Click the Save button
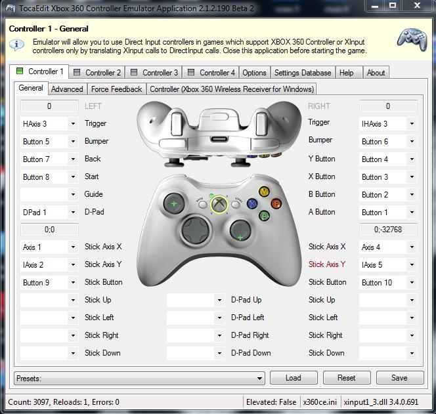pos(400,378)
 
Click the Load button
pos(294,378)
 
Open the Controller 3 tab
pos(154,73)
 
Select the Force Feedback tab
pos(116,89)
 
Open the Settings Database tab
pos(303,73)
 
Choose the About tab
pos(376,73)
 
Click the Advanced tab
pos(67,89)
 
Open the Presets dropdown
pos(139,378)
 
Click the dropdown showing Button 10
pos(388,283)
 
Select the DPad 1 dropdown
pos(49,213)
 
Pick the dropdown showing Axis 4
pos(388,247)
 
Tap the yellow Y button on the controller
pos(264,192)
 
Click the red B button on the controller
pos(276,203)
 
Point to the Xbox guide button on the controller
pos(219,205)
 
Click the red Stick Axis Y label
pos(327,264)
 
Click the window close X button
pos(417,5)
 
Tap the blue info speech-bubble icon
pos(16,45)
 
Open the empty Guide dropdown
pos(49,194)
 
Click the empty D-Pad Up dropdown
pos(196,300)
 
